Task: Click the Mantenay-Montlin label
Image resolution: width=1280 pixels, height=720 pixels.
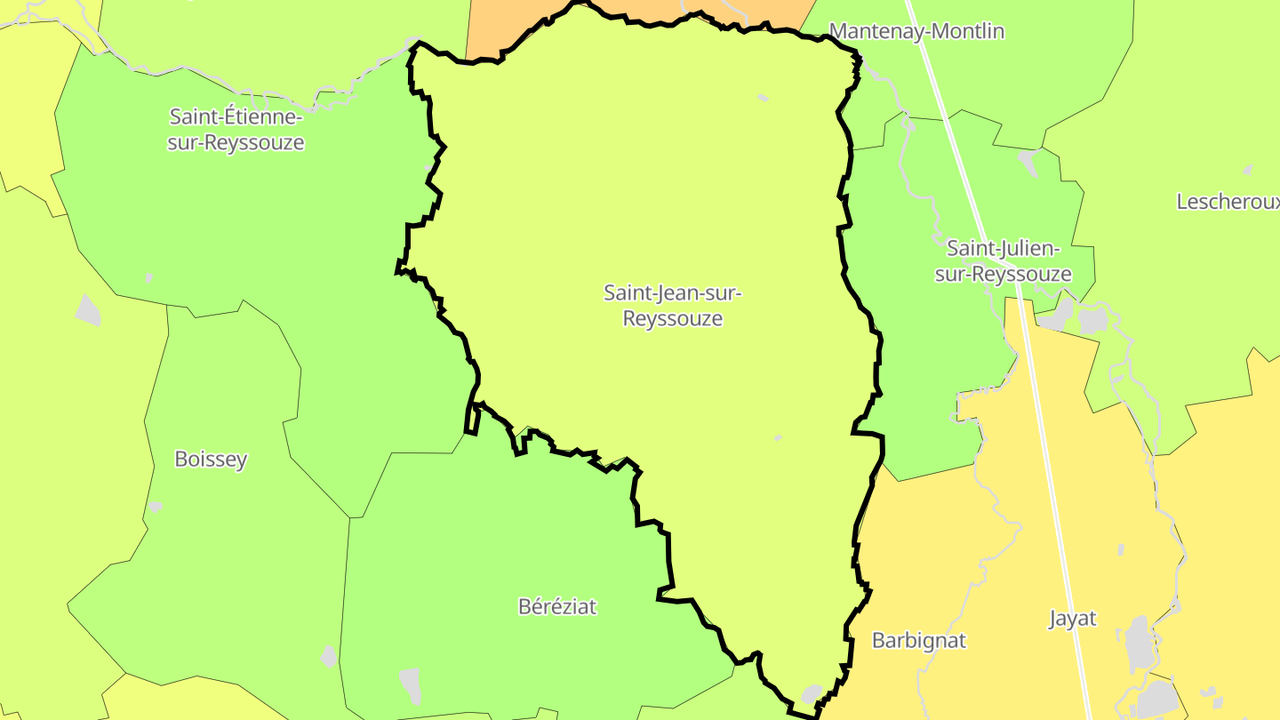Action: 916,32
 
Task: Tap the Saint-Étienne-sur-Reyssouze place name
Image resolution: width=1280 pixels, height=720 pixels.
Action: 236,130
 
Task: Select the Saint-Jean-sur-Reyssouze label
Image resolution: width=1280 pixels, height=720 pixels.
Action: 673,305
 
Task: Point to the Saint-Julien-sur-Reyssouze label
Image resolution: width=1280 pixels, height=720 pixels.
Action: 1003,261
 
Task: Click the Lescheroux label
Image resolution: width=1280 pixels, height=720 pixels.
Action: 1227,202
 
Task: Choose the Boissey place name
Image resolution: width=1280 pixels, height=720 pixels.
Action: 211,460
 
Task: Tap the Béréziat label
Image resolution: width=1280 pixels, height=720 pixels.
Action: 557,607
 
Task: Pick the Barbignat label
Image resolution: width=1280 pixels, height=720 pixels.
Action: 918,641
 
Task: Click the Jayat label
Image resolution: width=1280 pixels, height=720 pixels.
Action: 1073,620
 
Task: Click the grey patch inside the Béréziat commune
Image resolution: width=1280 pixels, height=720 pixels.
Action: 410,684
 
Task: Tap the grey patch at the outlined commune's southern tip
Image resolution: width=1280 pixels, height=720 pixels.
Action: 812,693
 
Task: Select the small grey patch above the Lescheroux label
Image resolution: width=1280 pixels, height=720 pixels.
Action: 1248,169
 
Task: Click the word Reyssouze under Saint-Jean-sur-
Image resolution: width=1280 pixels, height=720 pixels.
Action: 673,318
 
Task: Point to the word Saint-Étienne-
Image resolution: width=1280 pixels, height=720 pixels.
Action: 236,117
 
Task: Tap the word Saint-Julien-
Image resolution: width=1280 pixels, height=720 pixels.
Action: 1003,248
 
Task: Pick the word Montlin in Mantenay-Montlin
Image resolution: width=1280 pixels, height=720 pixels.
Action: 967,32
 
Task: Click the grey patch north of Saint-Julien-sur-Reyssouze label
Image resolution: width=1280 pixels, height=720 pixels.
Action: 1028,162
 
